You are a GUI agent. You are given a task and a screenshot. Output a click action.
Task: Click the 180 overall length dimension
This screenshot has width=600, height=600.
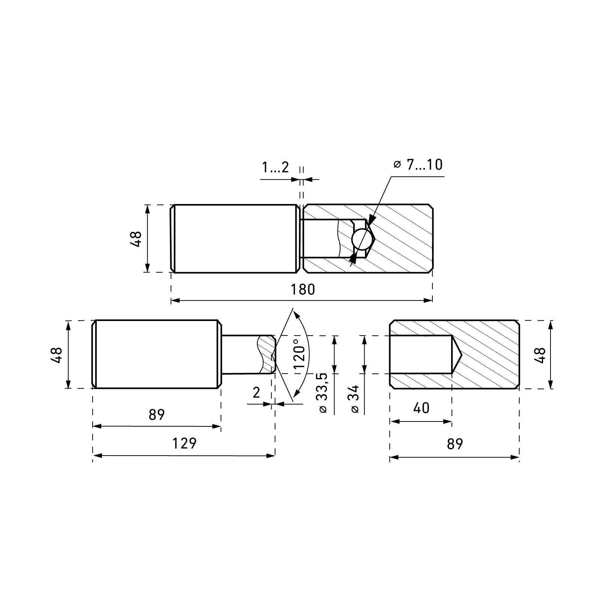coord(303,289)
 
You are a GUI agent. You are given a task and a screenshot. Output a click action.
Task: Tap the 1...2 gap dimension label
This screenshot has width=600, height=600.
coord(276,167)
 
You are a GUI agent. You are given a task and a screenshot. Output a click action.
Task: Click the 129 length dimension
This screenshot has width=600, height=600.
coord(184,443)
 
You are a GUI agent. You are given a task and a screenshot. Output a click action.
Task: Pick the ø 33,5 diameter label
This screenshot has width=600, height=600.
coord(322,393)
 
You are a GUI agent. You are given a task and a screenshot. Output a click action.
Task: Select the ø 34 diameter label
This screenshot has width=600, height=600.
coord(355,399)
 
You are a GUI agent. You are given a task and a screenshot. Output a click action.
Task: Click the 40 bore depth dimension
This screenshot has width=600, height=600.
coord(421,408)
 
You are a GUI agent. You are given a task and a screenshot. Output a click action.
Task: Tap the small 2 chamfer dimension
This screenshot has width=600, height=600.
coord(256,393)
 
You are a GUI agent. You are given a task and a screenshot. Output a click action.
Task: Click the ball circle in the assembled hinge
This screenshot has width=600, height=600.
coord(363,239)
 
